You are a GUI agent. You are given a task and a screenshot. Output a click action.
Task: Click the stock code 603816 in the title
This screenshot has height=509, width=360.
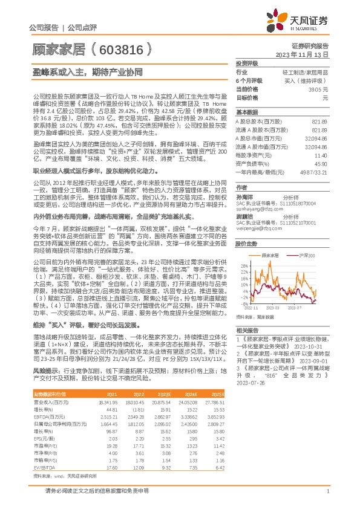point(119,46)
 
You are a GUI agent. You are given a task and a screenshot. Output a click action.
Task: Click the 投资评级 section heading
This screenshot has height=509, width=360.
point(247,63)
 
